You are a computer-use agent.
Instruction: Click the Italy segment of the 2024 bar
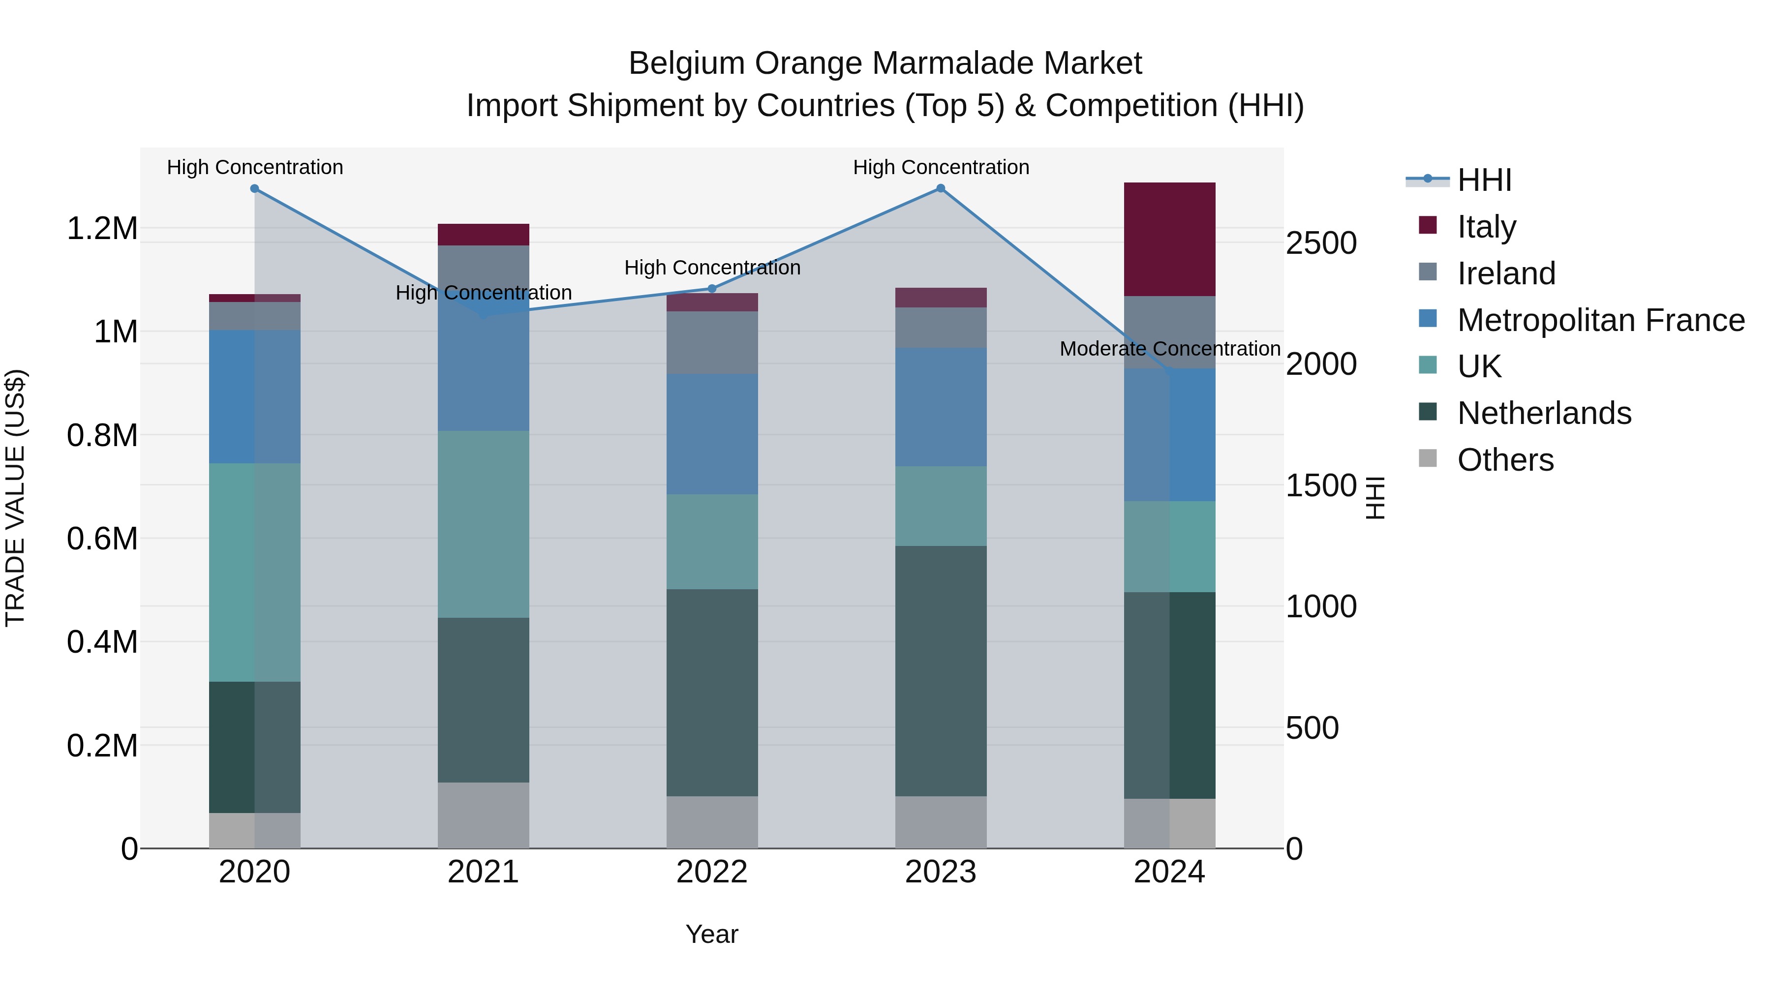(1169, 239)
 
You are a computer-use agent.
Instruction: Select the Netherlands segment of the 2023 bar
(941, 671)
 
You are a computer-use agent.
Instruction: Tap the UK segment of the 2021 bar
(483, 524)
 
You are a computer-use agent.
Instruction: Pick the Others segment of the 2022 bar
(711, 822)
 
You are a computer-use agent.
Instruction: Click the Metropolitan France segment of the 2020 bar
(254, 396)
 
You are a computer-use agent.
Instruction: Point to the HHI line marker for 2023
(941, 188)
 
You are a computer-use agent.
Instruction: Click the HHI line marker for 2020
(254, 188)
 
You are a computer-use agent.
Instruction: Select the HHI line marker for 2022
(711, 289)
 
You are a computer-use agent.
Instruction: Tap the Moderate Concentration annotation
(1169, 349)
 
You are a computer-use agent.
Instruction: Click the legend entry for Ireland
(1506, 273)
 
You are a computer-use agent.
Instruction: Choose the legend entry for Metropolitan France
(1600, 320)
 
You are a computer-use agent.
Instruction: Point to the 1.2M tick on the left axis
(102, 228)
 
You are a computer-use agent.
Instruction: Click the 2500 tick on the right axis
(1321, 243)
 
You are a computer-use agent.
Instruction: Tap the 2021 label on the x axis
(483, 872)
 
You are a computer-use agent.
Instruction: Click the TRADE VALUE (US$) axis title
(15, 498)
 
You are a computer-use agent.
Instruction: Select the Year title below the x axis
(711, 934)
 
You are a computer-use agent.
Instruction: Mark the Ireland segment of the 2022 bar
(711, 342)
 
